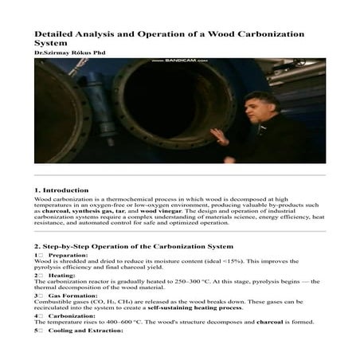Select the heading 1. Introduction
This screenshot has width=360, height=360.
point(61,191)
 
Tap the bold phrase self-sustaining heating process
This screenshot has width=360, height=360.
point(194,307)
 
